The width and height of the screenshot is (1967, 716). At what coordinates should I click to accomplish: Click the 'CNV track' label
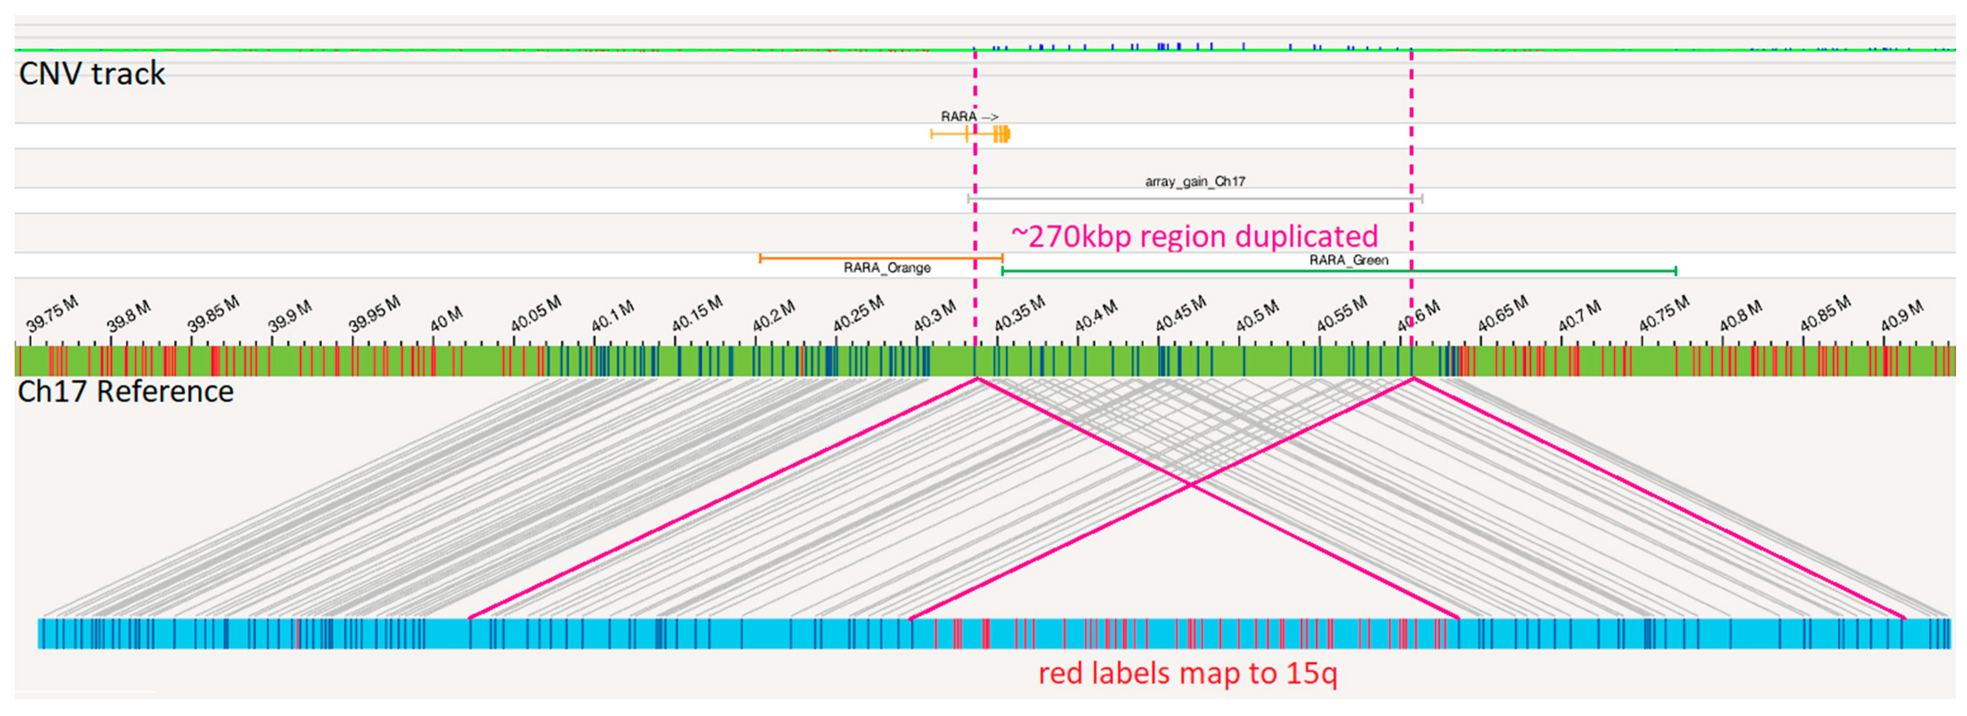(92, 74)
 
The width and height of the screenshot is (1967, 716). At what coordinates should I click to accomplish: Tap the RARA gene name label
(959, 117)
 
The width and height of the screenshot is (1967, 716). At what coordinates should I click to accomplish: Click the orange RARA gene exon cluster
(1001, 135)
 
